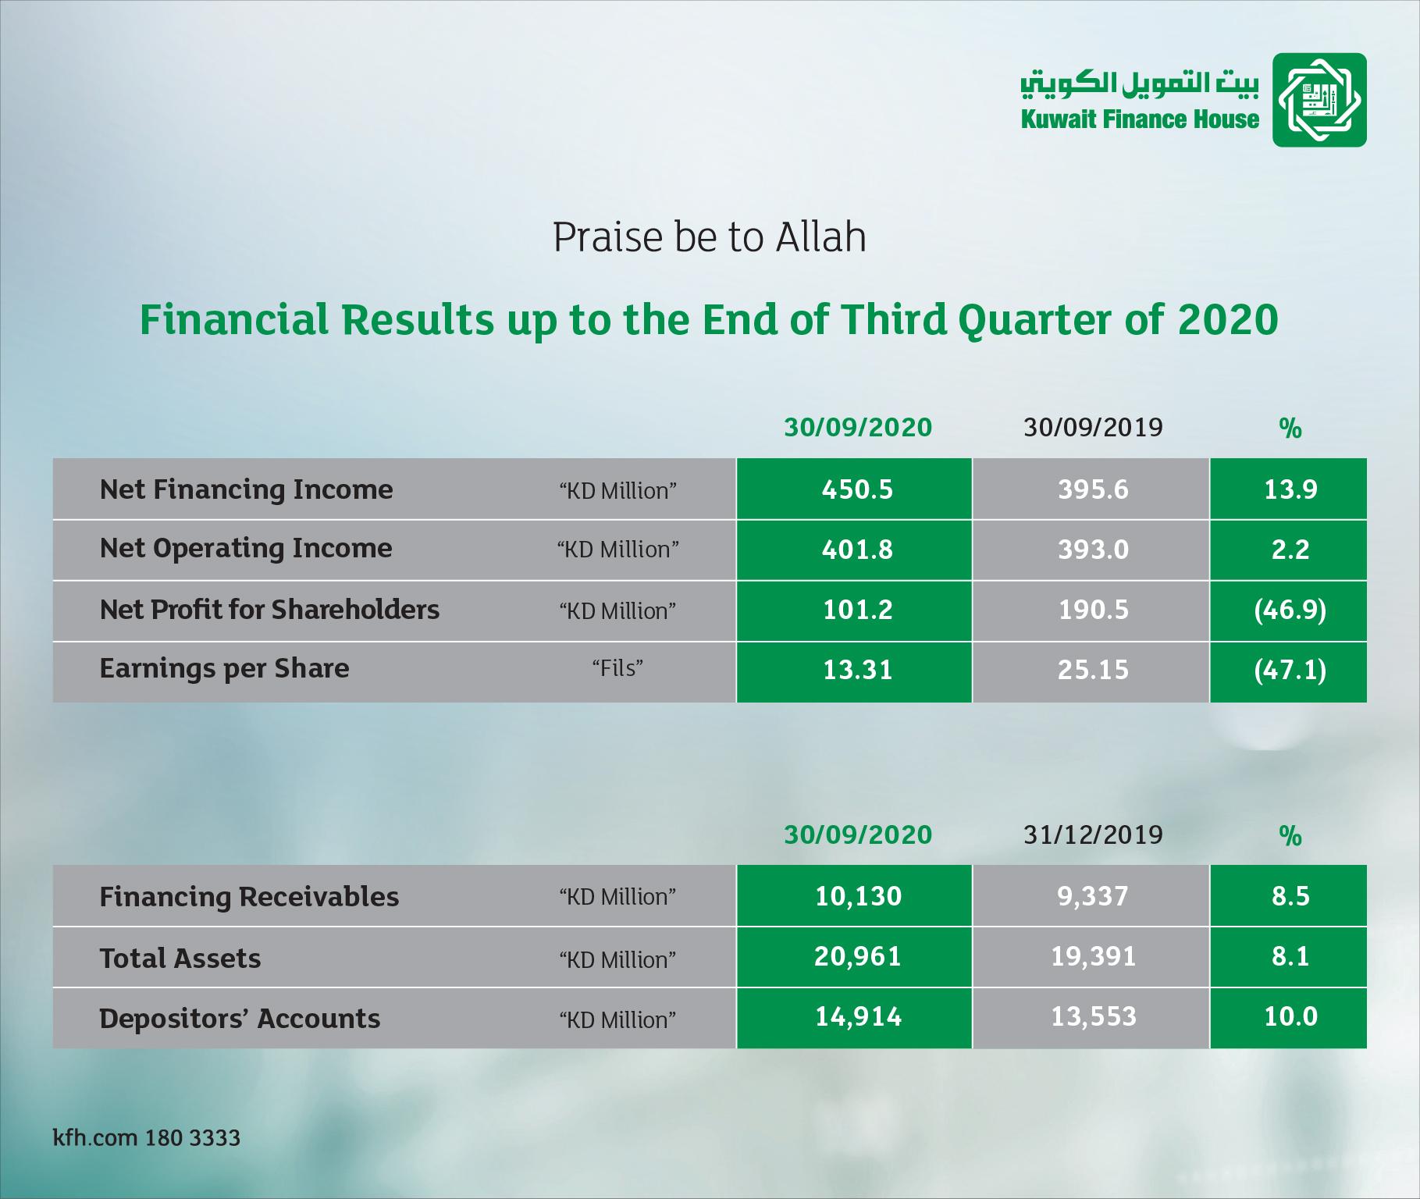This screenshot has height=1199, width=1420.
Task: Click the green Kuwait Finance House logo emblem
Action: pos(1319,100)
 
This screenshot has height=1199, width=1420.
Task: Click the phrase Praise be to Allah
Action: pos(710,237)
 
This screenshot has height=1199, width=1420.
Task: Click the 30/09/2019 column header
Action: pos(1093,427)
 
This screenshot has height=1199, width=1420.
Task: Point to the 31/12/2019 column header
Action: pos(1093,834)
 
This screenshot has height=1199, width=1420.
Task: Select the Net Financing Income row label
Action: pos(247,489)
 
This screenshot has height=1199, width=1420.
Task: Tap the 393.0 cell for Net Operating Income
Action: pos(1091,550)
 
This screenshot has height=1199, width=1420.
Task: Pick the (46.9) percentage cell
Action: pos(1289,610)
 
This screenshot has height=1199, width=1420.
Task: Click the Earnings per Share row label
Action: pos(225,669)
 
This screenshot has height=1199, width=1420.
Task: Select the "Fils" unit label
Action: pos(617,669)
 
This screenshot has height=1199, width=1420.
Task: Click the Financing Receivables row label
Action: pos(249,897)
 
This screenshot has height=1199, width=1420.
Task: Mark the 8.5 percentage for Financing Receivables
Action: pos(1289,896)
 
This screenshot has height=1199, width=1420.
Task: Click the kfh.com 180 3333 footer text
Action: pos(147,1138)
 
